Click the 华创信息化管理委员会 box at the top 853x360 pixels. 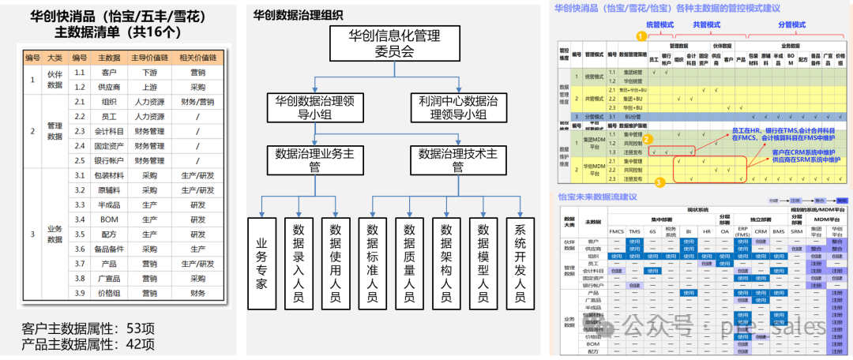394,44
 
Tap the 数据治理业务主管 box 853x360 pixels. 314,159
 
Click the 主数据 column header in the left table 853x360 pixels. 109,58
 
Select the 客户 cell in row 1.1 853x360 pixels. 109,72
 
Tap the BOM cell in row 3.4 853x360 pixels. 109,219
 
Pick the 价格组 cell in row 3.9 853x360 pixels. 109,293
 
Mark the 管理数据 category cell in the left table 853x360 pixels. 54,131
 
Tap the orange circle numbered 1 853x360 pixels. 639,35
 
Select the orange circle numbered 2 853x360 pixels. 646,138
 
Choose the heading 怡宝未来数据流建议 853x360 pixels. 597,197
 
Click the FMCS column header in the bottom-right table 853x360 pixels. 618,231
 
